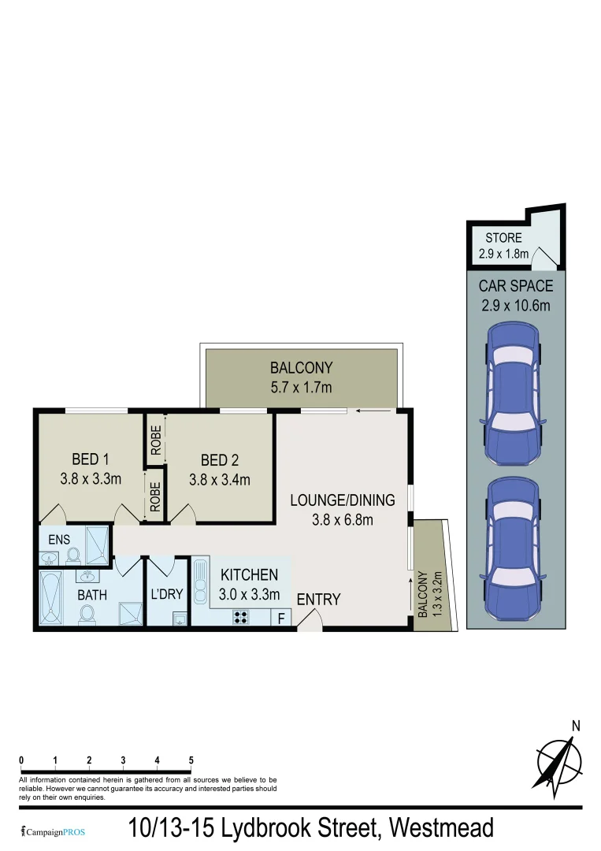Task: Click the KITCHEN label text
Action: (249, 574)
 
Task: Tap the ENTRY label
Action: (318, 600)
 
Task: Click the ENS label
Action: (59, 540)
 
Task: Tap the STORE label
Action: (503, 238)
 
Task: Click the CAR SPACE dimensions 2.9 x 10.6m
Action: (515, 306)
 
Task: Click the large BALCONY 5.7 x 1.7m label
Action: (301, 386)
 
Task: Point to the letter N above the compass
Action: (576, 726)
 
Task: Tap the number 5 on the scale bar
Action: (191, 760)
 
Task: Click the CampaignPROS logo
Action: (53, 831)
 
